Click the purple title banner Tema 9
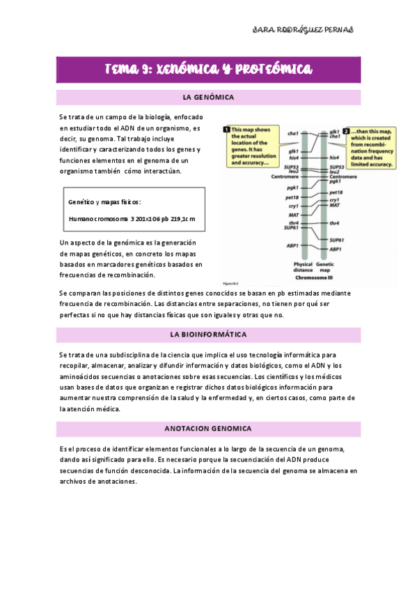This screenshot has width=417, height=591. pyautogui.click(x=208, y=69)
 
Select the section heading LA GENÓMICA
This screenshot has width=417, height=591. pyautogui.click(x=208, y=97)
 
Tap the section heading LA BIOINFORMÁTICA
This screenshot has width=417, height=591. pyautogui.click(x=208, y=335)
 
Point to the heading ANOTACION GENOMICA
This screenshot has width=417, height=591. pyautogui.click(x=208, y=428)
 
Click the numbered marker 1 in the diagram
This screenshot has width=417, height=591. pyautogui.click(x=226, y=129)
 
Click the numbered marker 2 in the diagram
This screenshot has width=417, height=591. pyautogui.click(x=346, y=130)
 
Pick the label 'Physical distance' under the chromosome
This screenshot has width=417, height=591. pyautogui.click(x=304, y=268)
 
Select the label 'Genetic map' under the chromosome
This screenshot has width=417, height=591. pyautogui.click(x=326, y=268)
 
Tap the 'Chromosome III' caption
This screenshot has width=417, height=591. pyautogui.click(x=314, y=277)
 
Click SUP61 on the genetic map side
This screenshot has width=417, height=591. pyautogui.click(x=337, y=240)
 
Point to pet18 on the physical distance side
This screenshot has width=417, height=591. pyautogui.click(x=292, y=197)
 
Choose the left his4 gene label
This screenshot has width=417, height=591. pyautogui.click(x=293, y=158)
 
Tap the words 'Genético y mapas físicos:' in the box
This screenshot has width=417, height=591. pyautogui.click(x=104, y=202)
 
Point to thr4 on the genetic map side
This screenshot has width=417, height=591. pyautogui.click(x=334, y=223)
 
